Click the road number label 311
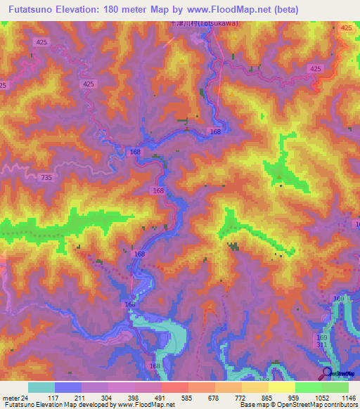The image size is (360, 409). (x=321, y=346)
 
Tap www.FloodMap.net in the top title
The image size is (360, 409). (x=226, y=10)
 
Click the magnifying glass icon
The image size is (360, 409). (x=326, y=372)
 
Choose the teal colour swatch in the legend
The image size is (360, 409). (x=41, y=387)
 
